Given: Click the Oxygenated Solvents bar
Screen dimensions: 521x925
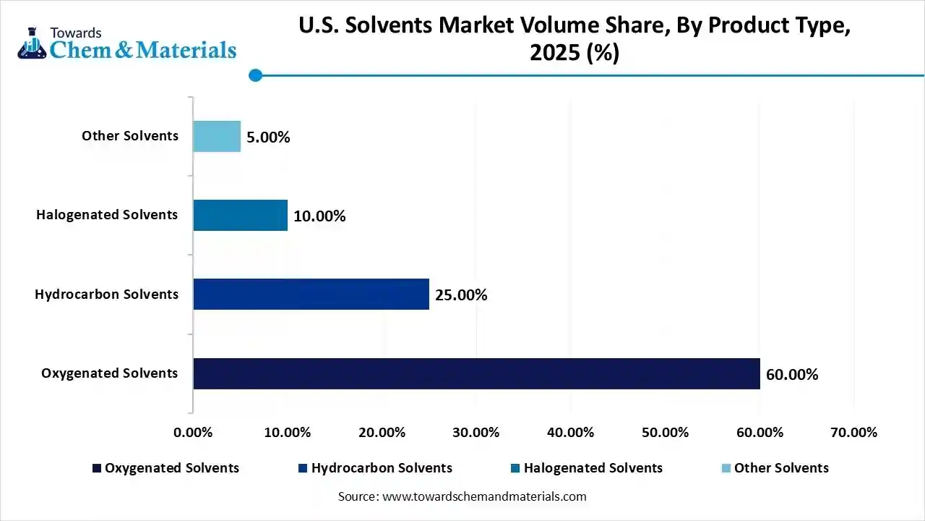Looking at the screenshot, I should [x=476, y=373].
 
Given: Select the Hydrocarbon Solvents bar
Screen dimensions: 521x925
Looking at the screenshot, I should [x=311, y=295].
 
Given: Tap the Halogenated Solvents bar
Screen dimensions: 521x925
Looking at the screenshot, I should [x=240, y=216].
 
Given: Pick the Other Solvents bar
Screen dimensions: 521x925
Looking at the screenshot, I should [x=216, y=136].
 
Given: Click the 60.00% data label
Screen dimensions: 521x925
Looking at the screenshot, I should [x=792, y=375].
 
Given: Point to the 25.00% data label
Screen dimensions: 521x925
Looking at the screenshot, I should [x=461, y=295].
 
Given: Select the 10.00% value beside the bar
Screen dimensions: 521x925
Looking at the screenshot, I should [x=319, y=216].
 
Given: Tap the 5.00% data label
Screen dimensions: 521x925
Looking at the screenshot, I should [x=268, y=137].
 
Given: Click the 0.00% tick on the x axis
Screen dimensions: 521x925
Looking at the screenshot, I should [x=193, y=433].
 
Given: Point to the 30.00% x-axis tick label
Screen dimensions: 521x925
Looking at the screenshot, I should [x=476, y=433].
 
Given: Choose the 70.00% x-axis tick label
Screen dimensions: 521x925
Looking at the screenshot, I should [x=853, y=433].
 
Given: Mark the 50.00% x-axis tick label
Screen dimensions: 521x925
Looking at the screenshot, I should [x=665, y=433].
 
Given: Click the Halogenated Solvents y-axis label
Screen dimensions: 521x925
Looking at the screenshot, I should [x=107, y=215].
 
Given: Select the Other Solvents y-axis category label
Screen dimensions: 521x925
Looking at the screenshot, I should [x=130, y=136].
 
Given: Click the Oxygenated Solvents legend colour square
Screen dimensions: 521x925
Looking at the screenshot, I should [x=97, y=468].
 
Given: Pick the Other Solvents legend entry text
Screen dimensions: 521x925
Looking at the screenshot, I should [x=781, y=468].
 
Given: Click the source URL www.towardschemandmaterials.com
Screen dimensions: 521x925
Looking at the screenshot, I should [x=484, y=496].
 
